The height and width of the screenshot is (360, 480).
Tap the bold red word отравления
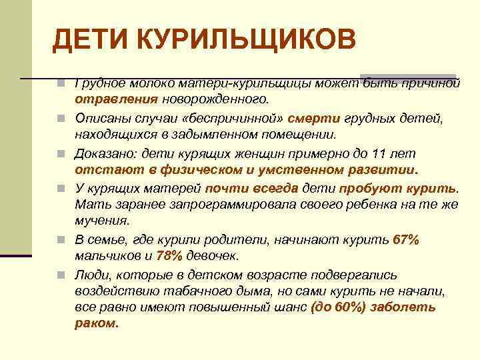(x=116, y=100)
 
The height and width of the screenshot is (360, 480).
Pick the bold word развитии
(x=383, y=169)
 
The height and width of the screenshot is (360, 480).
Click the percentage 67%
(x=406, y=239)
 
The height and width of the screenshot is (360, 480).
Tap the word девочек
(x=211, y=256)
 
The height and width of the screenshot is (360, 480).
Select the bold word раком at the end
(x=95, y=325)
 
